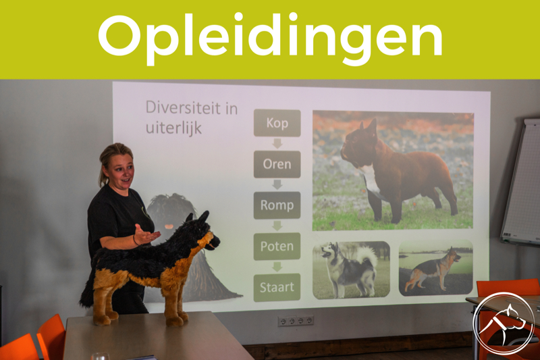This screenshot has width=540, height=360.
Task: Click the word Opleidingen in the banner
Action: (270, 38)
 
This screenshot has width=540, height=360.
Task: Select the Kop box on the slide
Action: (277, 123)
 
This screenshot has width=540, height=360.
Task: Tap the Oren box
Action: (277, 164)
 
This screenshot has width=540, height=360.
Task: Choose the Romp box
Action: (277, 205)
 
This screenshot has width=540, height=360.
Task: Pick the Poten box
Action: (277, 246)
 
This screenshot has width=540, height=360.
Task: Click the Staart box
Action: (277, 287)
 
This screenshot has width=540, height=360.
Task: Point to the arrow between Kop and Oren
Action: (277, 144)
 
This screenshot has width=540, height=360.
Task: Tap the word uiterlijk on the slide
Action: (174, 128)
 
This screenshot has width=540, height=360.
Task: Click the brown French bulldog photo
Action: (393, 171)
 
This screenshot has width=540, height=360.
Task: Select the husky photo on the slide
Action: (351, 269)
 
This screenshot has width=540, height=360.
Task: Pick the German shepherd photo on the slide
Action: (435, 268)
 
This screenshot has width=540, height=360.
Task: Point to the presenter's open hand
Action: (146, 235)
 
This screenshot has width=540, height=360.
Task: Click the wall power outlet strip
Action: (296, 321)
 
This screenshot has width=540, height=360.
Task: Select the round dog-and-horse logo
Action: (503, 323)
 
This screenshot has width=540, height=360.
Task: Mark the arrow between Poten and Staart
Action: (277, 267)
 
